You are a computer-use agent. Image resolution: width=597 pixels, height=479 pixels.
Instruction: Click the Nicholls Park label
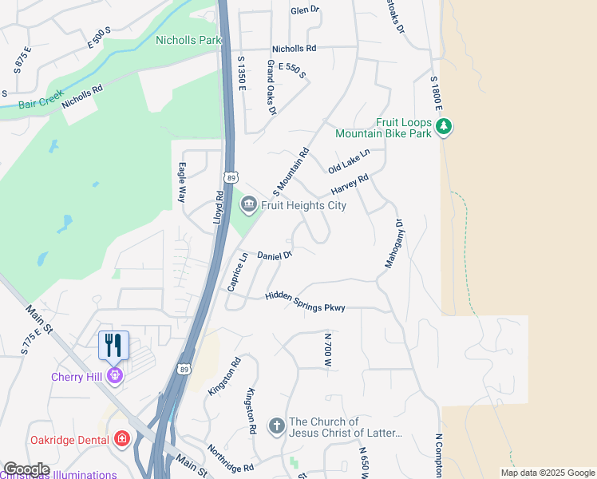(188, 39)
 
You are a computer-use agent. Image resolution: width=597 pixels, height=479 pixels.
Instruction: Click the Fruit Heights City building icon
(248, 205)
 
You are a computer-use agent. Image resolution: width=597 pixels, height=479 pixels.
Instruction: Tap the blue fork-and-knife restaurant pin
(113, 345)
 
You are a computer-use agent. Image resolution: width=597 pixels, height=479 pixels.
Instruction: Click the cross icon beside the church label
(276, 426)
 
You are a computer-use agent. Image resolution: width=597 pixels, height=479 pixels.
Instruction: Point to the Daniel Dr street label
(275, 255)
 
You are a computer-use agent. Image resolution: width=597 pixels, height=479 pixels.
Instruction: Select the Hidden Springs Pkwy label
(305, 302)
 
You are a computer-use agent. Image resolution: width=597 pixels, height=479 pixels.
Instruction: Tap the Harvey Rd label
(350, 185)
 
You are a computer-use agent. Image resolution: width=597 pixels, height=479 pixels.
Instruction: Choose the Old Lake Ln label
(349, 161)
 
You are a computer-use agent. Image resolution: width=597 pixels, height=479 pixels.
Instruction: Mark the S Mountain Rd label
(291, 172)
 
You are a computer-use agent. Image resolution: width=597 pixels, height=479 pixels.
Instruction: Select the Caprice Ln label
(237, 271)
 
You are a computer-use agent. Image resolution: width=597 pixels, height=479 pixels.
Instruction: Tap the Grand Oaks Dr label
(271, 87)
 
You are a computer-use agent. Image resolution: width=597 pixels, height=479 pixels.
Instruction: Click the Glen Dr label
(305, 10)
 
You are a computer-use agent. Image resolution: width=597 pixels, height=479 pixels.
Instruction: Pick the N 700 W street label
(327, 350)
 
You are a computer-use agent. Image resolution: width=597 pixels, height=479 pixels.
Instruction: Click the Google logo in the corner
(26, 469)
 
